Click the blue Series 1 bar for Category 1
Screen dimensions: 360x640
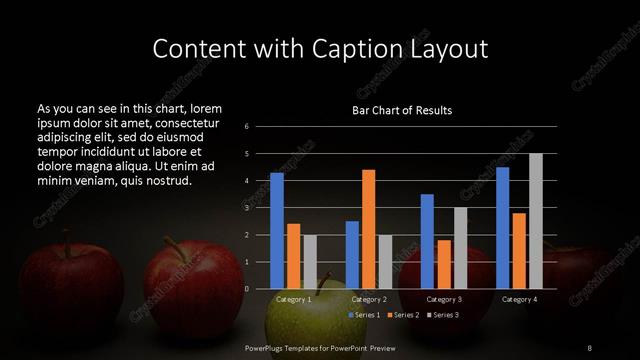277,231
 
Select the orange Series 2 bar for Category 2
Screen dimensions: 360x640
368,229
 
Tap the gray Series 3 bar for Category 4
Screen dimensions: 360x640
535,221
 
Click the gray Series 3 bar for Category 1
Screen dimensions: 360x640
309,262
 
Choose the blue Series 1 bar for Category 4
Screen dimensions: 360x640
502,228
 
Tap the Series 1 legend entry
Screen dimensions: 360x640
364,315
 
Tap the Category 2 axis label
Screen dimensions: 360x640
368,299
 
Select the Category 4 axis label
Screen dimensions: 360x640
518,299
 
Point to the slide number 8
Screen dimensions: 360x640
589,347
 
